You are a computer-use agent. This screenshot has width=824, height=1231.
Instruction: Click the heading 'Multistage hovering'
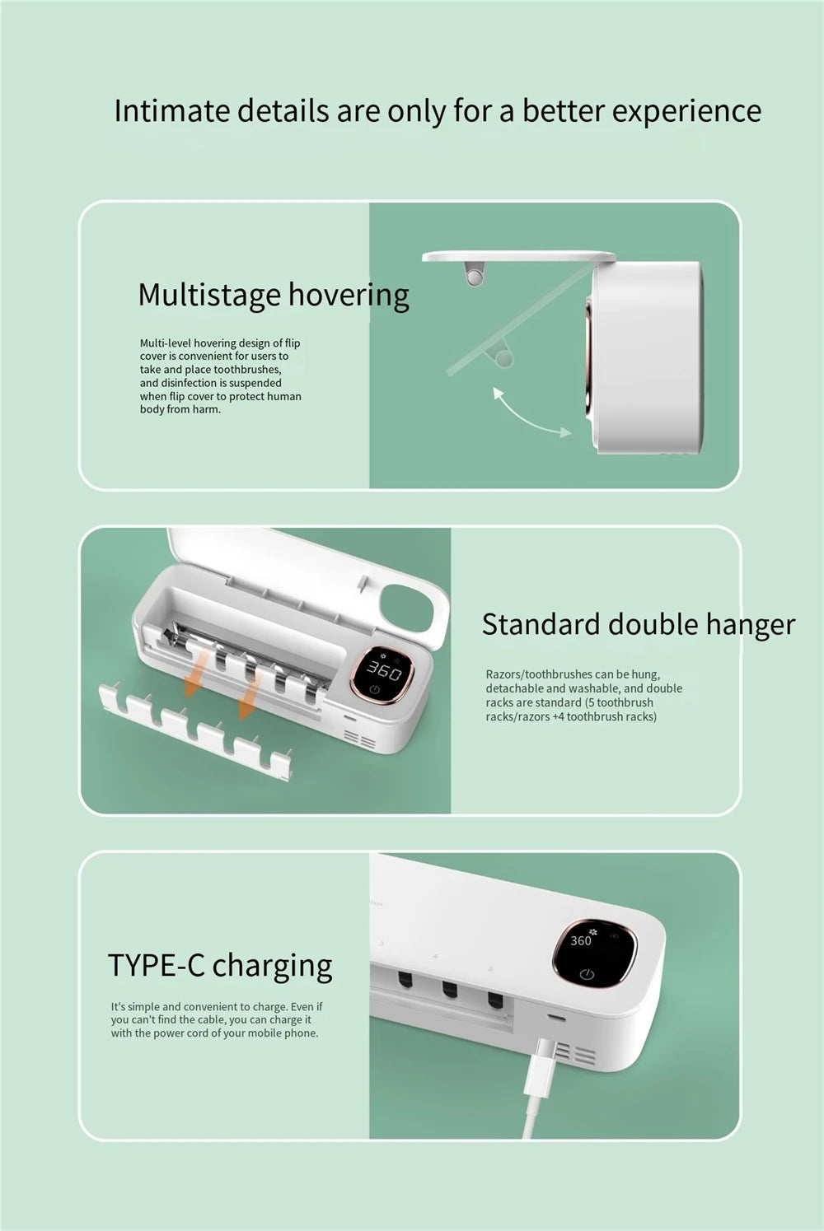tap(274, 295)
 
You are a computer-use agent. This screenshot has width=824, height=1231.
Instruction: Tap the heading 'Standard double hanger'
tap(639, 625)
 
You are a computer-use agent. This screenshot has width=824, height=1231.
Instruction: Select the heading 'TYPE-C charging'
tap(220, 966)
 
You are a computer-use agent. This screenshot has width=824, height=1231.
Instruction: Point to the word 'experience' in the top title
tap(686, 112)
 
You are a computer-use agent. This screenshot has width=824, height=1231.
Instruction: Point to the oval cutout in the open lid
tap(408, 609)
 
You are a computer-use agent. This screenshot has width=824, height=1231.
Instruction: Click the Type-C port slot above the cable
tap(557, 1018)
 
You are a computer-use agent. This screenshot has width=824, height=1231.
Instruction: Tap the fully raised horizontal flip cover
tap(518, 256)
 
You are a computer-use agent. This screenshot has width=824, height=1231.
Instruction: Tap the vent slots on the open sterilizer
tap(360, 738)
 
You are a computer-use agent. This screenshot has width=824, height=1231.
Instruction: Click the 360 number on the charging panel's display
tap(580, 941)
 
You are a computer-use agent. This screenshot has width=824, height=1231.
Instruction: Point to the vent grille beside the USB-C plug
tap(575, 1055)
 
